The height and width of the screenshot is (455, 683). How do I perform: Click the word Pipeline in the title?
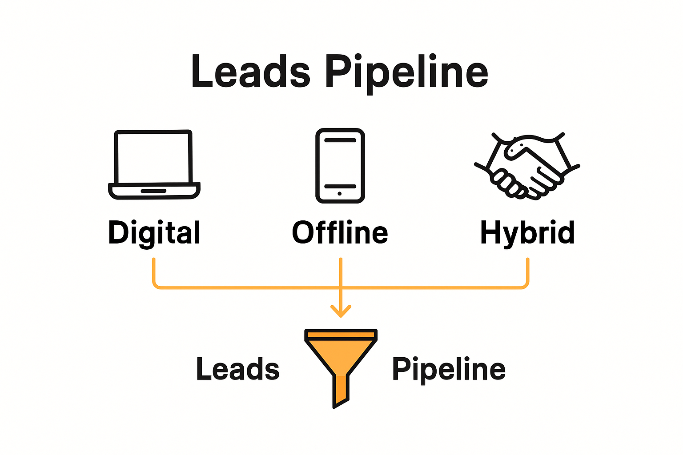[x=406, y=72]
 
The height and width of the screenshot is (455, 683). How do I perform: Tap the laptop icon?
[x=154, y=164]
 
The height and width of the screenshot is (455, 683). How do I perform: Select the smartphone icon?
[x=340, y=165]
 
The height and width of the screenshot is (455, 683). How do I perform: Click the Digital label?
[x=154, y=233]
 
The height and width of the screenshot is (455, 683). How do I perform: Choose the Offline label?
[x=340, y=232]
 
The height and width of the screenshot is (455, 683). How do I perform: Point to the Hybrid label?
[x=527, y=233]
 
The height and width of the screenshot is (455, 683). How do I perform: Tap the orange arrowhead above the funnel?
[x=341, y=311]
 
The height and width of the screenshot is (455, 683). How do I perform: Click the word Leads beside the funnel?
[x=238, y=369]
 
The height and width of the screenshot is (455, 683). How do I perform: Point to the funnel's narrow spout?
[x=341, y=391]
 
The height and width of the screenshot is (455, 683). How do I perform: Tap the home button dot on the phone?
[x=340, y=194]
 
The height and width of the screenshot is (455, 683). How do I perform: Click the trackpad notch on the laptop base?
[x=154, y=191]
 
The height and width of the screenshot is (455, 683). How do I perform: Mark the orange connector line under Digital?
[x=154, y=273]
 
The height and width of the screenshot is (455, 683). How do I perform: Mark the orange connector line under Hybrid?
[x=528, y=273]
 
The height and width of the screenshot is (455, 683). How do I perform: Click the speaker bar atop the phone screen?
[x=340, y=140]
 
